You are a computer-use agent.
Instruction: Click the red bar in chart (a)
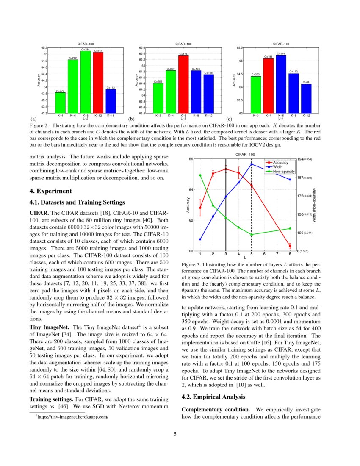[98, 83]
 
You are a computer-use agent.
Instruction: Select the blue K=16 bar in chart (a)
[111, 101]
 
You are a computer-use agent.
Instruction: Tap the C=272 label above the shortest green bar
[60, 91]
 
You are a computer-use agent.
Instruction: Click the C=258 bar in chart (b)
[158, 98]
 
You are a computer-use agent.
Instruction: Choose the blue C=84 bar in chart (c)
[306, 99]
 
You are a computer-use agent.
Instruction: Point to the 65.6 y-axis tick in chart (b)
[142, 48]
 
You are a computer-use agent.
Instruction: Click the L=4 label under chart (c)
[281, 119]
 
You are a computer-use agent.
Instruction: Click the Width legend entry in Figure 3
[277, 167]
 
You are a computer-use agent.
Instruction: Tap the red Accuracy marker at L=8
[290, 246]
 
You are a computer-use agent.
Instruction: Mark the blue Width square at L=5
[252, 164]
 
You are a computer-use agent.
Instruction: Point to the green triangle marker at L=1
[200, 175]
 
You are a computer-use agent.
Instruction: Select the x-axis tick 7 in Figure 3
[277, 255]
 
